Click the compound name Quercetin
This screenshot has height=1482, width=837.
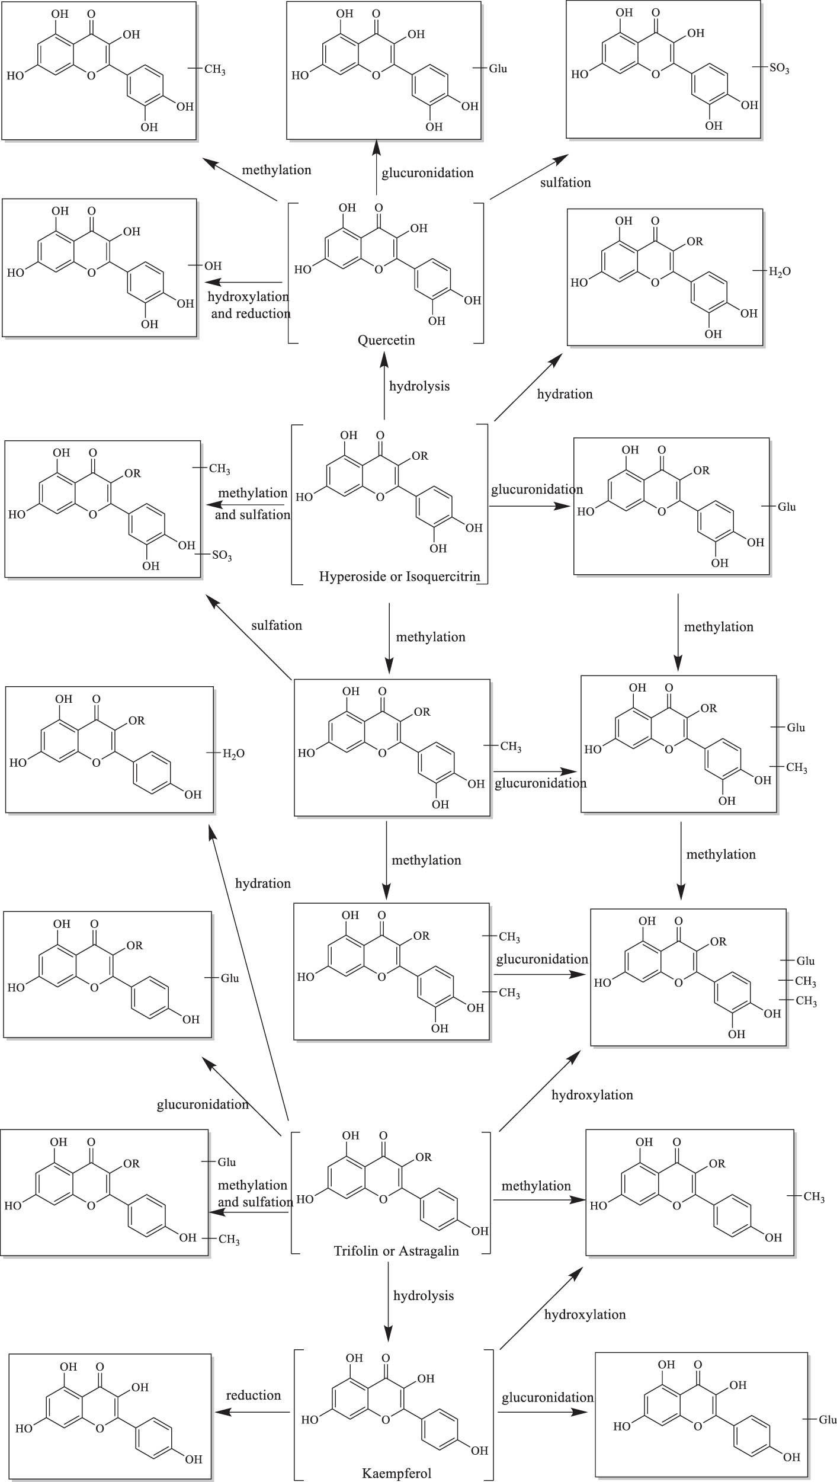point(386,340)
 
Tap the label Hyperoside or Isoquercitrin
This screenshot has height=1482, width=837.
point(399,576)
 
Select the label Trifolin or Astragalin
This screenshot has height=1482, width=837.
point(396,1251)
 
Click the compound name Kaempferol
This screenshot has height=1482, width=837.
point(396,1473)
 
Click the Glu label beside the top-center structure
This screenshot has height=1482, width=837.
point(498,69)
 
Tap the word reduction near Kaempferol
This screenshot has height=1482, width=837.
point(253,1395)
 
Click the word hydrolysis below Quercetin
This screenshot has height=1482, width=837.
point(419,386)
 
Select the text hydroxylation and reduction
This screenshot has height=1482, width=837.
point(249,305)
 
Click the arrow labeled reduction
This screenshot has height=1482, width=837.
point(252,1413)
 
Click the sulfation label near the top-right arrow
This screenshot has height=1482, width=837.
point(565,183)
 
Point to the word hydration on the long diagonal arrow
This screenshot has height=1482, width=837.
point(262,884)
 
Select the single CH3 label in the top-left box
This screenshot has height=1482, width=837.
point(214,70)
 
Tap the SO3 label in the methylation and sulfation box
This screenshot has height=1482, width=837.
point(222,556)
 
